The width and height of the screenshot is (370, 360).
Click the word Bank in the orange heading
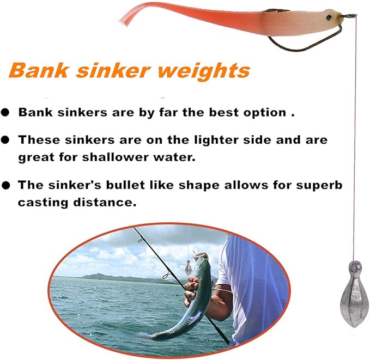pyautogui.click(x=39, y=70)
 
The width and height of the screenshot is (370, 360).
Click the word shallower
pyautogui.click(x=116, y=157)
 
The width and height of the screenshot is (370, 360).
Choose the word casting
pyautogui.click(x=44, y=203)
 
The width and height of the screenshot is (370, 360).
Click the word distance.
pyautogui.click(x=105, y=203)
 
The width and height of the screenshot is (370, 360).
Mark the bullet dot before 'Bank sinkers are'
pyautogui.click(x=5, y=112)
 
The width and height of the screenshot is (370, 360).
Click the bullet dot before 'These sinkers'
pyautogui.click(x=5, y=140)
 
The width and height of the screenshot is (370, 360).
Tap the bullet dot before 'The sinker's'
pyautogui.click(x=5, y=185)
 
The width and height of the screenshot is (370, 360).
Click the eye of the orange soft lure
pyautogui.click(x=329, y=17)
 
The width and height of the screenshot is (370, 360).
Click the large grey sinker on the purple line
pyautogui.click(x=354, y=294)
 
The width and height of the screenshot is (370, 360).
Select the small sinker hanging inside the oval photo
pyautogui.click(x=189, y=268)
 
